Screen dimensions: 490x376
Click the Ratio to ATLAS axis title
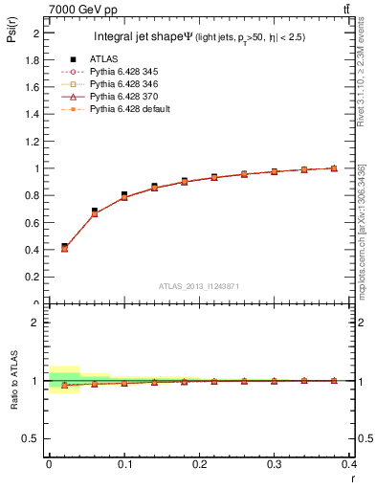click(14, 380)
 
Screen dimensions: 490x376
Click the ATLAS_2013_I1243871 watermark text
click(199, 286)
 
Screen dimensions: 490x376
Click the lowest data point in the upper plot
click(64, 248)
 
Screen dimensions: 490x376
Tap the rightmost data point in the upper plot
click(334, 168)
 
